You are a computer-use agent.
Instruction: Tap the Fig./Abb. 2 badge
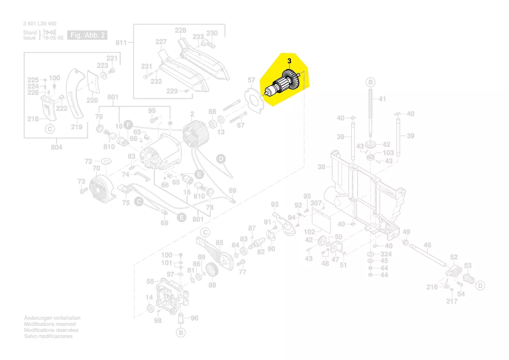88,35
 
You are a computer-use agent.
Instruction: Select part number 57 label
251,80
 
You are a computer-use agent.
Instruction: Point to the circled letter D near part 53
480,286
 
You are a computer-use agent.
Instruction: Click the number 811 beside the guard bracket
121,43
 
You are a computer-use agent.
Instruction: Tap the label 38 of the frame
322,167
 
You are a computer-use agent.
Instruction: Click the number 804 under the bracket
56,147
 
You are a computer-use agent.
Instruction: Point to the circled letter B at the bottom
180,333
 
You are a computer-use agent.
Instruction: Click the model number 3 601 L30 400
40,24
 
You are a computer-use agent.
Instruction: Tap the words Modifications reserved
49,324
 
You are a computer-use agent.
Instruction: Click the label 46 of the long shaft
427,246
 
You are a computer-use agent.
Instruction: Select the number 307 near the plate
316,203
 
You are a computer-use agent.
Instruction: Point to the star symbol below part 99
170,124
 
